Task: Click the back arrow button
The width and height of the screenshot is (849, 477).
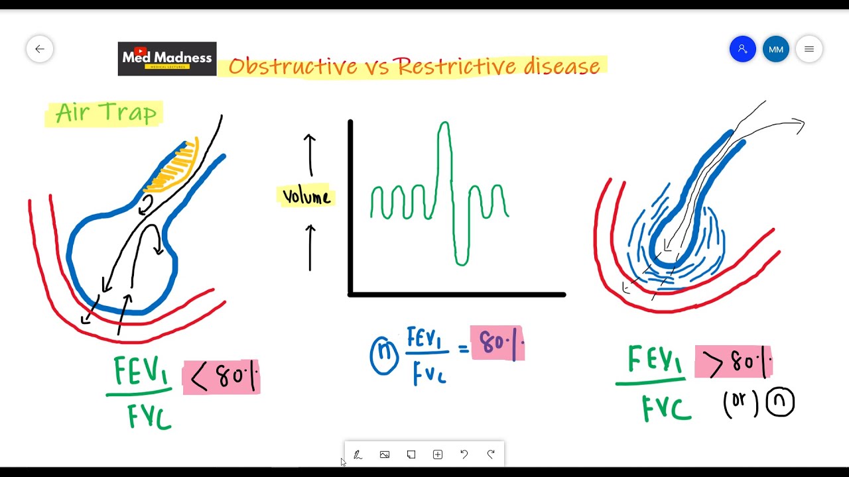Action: [x=40, y=49]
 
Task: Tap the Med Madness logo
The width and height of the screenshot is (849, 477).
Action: [x=167, y=59]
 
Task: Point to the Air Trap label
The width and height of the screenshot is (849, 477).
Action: [x=105, y=113]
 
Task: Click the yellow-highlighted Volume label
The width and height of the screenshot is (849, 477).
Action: [x=306, y=196]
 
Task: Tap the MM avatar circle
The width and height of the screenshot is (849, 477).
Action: [x=776, y=49]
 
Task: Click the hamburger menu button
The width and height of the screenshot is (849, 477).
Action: [x=809, y=49]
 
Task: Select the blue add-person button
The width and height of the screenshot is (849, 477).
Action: [x=742, y=49]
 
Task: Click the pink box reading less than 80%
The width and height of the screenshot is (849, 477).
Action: [x=222, y=377]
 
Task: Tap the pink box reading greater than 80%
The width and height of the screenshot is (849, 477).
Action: [x=734, y=362]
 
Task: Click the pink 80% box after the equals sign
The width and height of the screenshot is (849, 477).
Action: [x=497, y=343]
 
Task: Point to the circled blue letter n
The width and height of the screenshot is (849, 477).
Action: [x=384, y=356]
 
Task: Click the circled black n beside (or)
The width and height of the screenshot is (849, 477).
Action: [x=780, y=402]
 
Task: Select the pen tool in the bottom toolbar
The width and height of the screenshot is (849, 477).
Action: [x=358, y=454]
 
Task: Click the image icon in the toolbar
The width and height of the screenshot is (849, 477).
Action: [x=384, y=454]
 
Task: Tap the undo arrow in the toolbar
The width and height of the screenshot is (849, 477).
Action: [x=464, y=454]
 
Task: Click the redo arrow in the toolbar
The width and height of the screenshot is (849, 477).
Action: [x=491, y=454]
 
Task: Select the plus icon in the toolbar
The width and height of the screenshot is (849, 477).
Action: [x=438, y=454]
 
